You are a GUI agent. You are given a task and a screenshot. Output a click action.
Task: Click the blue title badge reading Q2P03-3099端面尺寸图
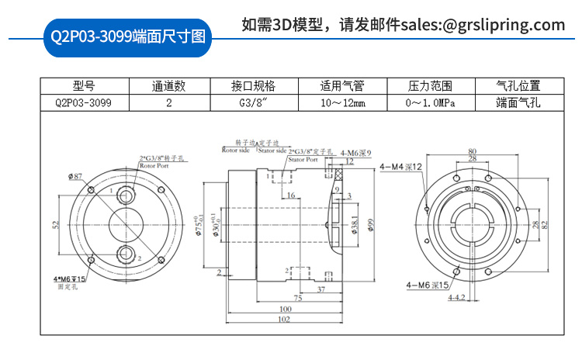point(126,36)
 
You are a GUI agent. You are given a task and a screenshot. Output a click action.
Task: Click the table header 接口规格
point(253,86)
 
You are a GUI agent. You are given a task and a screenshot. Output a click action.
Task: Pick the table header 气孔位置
point(518,86)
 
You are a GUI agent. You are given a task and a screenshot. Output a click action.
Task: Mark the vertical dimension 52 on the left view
point(55,224)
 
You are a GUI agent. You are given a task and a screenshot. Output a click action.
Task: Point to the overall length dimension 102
point(284,319)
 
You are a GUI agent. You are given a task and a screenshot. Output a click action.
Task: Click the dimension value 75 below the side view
point(298,297)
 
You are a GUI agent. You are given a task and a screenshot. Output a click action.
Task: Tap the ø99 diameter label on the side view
point(371,224)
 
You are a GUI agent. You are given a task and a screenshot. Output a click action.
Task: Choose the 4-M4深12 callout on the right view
point(403,166)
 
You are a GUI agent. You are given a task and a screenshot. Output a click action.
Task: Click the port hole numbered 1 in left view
point(125,191)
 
